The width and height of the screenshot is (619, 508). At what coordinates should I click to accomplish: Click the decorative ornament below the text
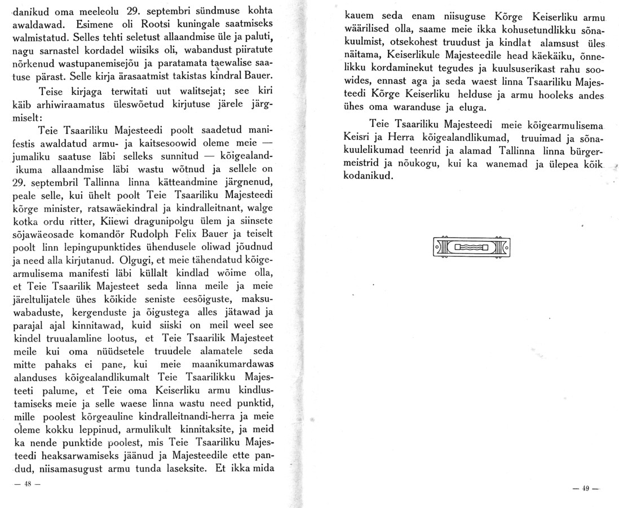472,246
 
